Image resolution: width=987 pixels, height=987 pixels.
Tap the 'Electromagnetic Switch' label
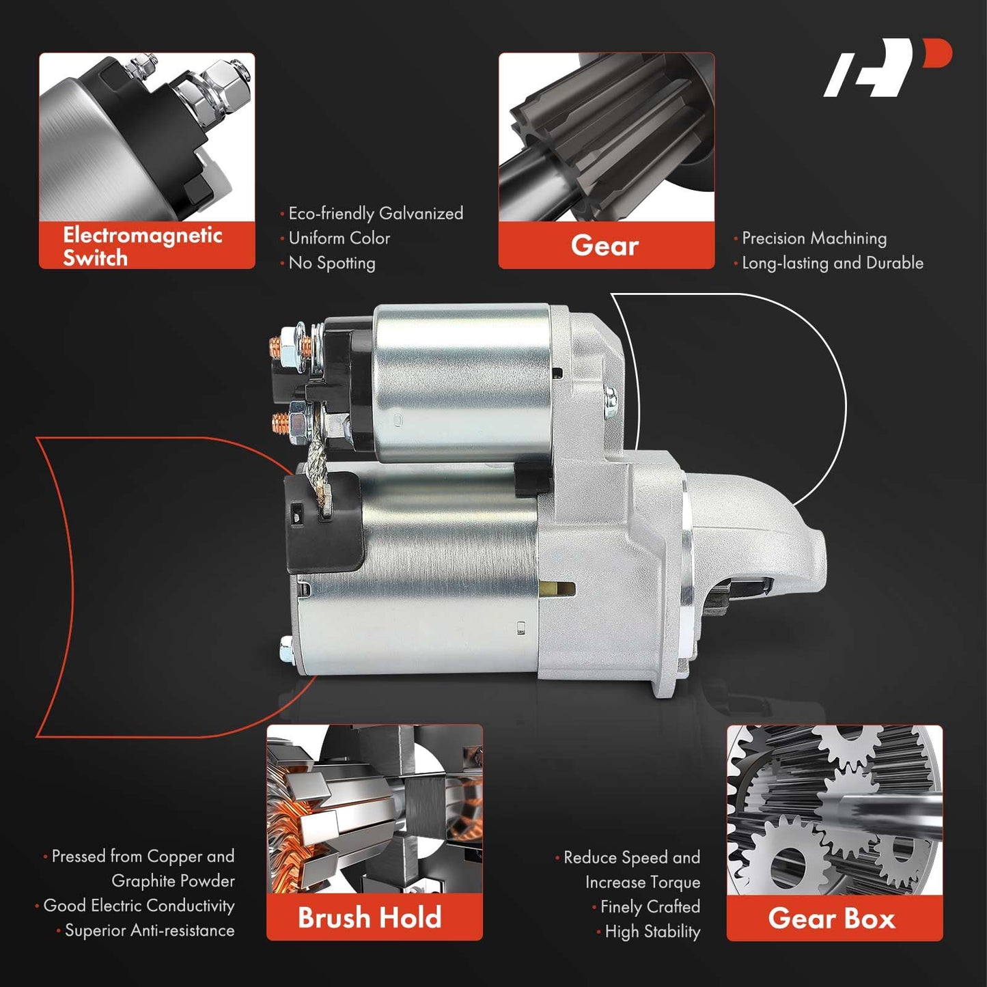coord(142,247)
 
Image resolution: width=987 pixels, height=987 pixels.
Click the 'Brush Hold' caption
coord(370,917)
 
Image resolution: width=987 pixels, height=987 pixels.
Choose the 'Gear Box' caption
coord(832,918)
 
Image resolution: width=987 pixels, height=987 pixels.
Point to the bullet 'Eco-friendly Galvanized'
coord(376,213)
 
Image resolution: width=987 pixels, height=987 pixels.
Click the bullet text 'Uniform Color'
coord(339,238)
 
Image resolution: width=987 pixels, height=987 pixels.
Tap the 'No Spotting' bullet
coord(332,263)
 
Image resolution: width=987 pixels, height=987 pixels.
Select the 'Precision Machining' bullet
coord(814,238)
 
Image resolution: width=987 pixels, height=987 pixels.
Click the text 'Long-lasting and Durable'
coord(833,263)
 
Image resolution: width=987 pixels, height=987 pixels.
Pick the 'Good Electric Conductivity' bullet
coord(139,906)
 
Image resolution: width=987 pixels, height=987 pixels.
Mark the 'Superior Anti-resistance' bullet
coord(150,930)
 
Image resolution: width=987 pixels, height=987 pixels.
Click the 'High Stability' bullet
coord(652,931)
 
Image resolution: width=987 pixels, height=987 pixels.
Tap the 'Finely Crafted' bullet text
coord(650,906)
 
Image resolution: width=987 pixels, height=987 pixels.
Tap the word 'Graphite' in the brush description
coord(145,881)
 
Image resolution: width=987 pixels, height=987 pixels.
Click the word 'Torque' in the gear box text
coord(673,882)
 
